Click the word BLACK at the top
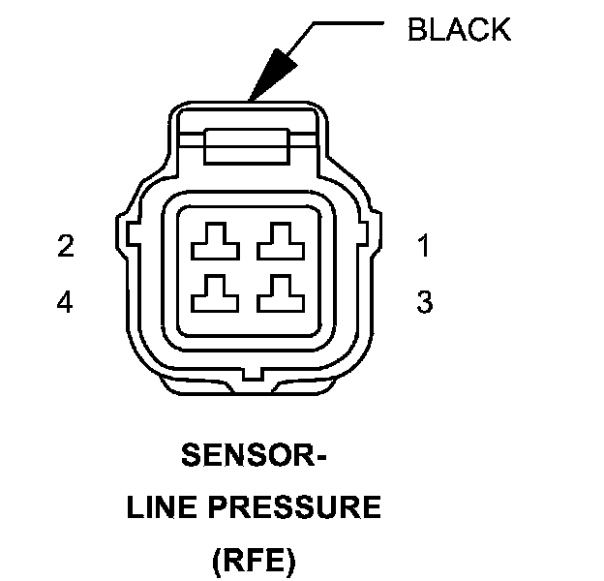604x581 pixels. [459, 30]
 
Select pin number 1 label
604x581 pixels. [424, 247]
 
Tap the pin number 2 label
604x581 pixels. [65, 247]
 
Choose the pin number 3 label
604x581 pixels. [424, 303]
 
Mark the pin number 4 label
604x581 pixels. [65, 303]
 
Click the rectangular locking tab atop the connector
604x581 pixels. [246, 150]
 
